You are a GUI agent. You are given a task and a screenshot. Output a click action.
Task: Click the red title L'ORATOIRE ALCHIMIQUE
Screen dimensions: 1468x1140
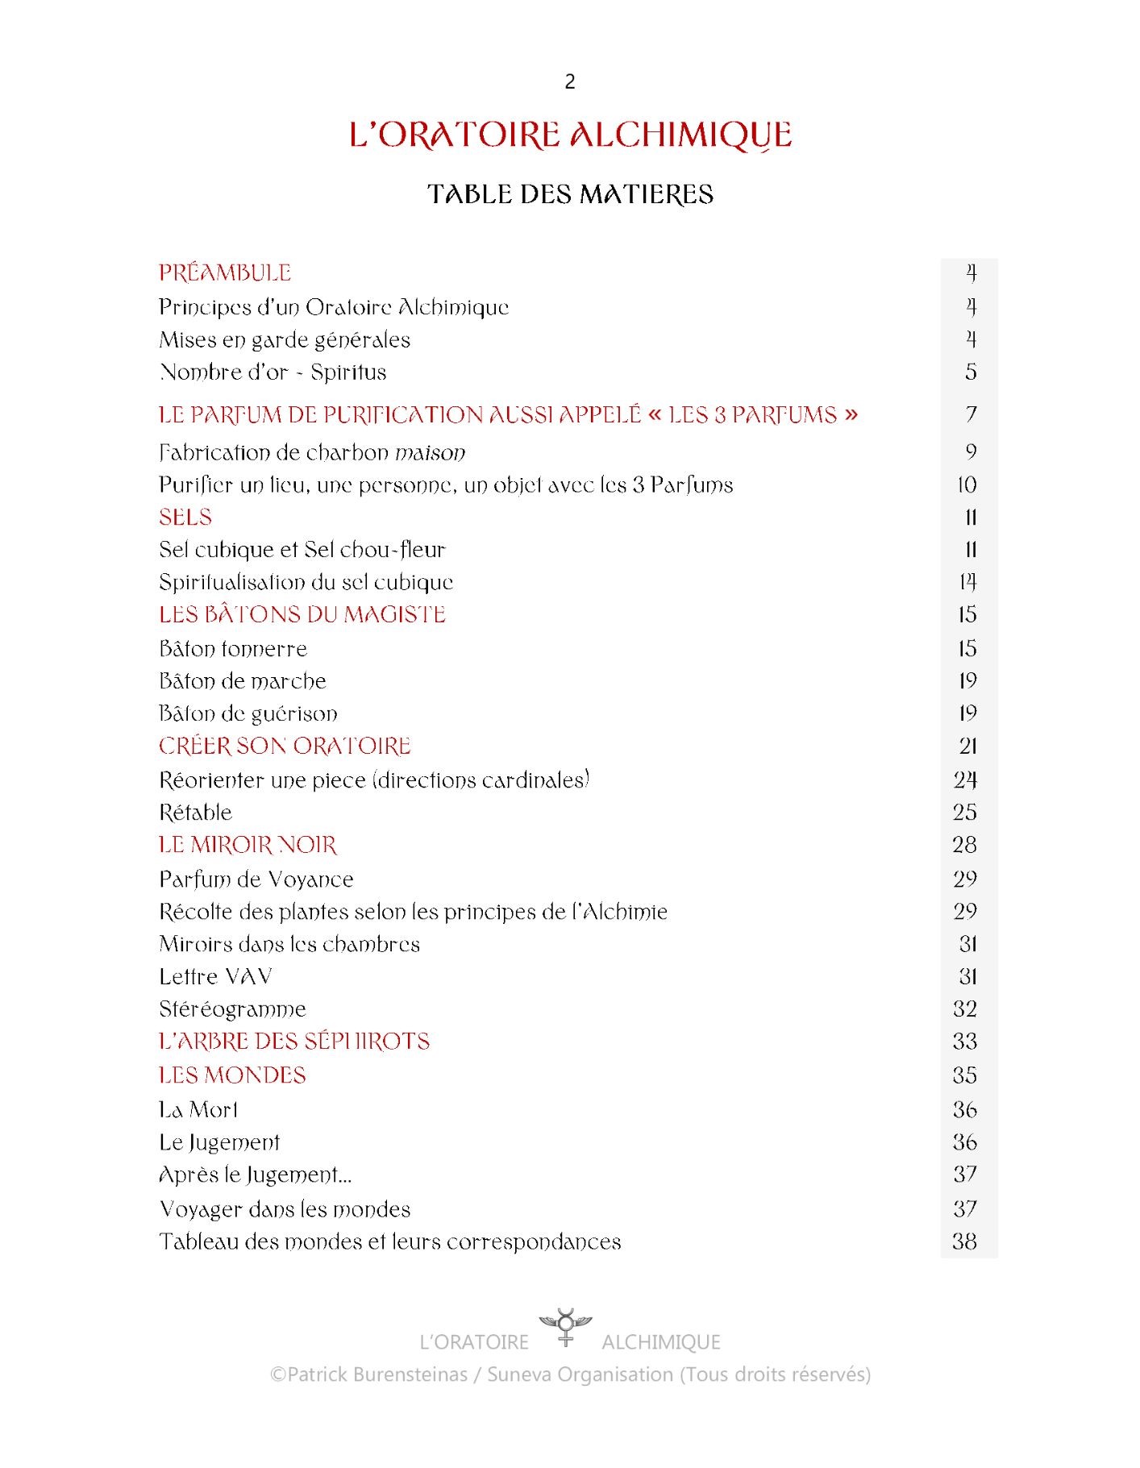point(570,135)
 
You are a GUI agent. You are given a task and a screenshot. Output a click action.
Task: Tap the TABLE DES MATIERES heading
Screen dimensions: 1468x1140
point(570,194)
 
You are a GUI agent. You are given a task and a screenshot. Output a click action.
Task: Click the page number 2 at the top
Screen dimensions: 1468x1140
point(570,81)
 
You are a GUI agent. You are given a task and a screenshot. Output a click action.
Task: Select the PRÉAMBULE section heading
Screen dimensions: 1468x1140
point(225,272)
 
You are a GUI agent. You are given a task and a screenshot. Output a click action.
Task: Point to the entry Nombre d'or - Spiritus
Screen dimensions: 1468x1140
point(273,372)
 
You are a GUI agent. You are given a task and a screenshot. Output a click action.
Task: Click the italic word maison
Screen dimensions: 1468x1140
point(430,453)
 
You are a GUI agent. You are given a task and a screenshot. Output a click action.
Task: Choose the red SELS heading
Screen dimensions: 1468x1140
point(185,518)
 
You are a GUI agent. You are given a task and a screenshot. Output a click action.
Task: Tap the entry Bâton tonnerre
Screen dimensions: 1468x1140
point(233,649)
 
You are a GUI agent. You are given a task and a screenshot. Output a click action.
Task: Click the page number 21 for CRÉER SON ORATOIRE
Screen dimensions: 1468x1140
point(967,746)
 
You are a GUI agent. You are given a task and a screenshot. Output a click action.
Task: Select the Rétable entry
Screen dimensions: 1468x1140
point(195,813)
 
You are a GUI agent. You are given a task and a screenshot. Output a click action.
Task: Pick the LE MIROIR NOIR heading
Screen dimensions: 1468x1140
point(248,845)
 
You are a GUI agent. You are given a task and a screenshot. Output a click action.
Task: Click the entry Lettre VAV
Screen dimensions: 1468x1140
point(215,977)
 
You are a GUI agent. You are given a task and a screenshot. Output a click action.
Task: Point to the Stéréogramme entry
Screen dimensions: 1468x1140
point(232,1009)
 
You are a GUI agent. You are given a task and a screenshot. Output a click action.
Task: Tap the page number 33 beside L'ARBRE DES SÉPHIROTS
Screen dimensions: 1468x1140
point(965,1042)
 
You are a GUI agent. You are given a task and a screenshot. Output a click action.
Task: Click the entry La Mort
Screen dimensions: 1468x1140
point(198,1110)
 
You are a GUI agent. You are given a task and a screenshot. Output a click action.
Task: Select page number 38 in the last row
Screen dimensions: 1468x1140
point(965,1241)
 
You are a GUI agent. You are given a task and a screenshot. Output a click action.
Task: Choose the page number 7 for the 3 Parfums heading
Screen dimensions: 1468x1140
point(971,414)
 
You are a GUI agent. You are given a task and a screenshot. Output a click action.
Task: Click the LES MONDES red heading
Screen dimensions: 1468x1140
point(232,1075)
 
